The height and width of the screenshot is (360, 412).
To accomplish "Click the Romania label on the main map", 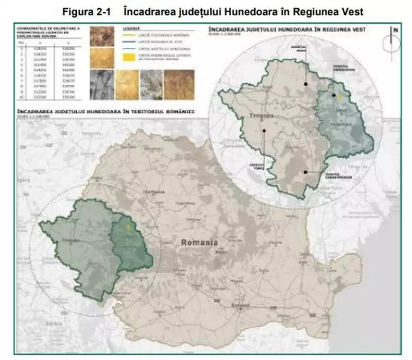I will tap(199, 243).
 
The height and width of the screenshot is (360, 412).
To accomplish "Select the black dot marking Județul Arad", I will tap(306, 84).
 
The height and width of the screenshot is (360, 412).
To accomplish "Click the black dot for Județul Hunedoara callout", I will tap(334, 96).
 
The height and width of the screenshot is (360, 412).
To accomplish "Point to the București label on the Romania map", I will tap(240, 306).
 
